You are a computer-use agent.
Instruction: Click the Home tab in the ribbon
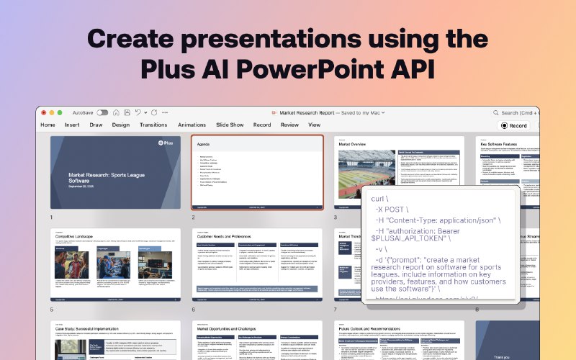(x=48, y=125)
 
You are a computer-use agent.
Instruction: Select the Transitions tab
(x=153, y=125)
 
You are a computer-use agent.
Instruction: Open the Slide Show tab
(x=230, y=125)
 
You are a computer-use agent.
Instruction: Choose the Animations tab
(x=192, y=125)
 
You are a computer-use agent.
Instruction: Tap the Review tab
(x=289, y=125)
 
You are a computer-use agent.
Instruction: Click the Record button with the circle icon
(x=514, y=125)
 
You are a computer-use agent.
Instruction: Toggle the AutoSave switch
(x=102, y=113)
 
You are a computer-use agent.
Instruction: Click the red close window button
(x=43, y=113)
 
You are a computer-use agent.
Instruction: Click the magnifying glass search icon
(x=496, y=113)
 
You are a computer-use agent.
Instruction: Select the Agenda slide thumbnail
(x=257, y=173)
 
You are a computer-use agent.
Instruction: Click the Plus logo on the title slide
(x=166, y=144)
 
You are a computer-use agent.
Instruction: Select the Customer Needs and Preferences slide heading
(x=225, y=235)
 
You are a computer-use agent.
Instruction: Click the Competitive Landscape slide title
(x=77, y=235)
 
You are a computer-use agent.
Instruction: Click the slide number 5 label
(x=52, y=310)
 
